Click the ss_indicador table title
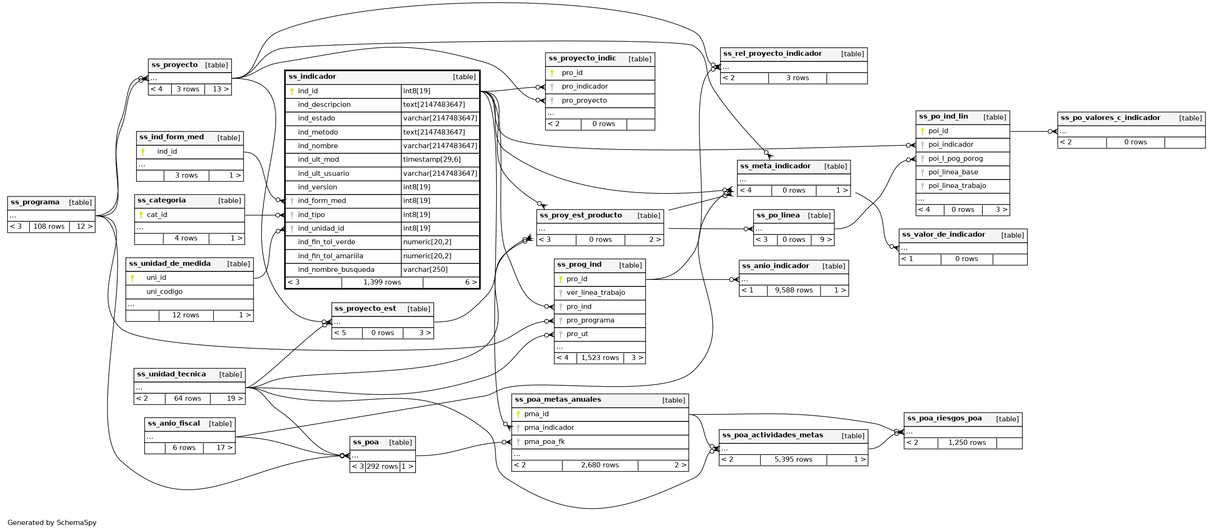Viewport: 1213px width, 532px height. (x=312, y=77)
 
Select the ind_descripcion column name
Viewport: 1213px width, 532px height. (x=324, y=105)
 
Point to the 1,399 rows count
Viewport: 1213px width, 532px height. (x=382, y=282)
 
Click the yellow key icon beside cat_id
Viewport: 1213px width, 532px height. (x=141, y=215)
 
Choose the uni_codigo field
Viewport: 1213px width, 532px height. (x=164, y=292)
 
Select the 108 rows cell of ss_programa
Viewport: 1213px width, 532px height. (x=49, y=227)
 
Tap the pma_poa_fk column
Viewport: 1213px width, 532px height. (x=545, y=442)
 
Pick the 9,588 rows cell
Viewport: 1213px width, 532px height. (x=793, y=290)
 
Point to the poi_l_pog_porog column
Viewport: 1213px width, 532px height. (x=955, y=158)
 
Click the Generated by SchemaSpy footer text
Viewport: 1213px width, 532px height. (x=52, y=523)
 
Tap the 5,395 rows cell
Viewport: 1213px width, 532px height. (x=793, y=459)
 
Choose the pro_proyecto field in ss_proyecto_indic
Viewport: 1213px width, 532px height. (x=584, y=101)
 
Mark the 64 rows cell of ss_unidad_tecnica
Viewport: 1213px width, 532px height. (x=187, y=398)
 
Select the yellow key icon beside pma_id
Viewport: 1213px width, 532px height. (x=518, y=414)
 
